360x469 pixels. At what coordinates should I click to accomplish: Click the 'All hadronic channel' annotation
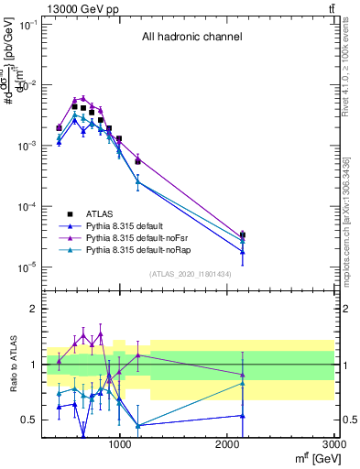(191, 38)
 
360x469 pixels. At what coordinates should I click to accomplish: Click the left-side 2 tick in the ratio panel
(33, 309)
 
